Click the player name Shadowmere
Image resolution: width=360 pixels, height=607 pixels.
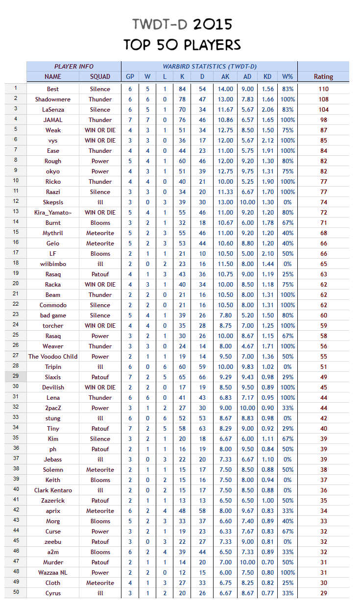pyautogui.click(x=53, y=99)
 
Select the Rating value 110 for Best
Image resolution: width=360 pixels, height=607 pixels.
pyautogui.click(x=323, y=89)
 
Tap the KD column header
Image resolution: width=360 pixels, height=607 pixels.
pyautogui.click(x=267, y=76)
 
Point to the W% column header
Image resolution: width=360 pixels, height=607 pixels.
pyautogui.click(x=288, y=76)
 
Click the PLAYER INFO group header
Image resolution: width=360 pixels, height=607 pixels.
pyautogui.click(x=73, y=66)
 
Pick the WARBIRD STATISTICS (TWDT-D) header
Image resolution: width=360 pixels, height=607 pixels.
pyautogui.click(x=210, y=66)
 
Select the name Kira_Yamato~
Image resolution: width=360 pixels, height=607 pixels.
pyautogui.click(x=53, y=213)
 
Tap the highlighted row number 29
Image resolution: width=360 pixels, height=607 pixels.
pyautogui.click(x=16, y=377)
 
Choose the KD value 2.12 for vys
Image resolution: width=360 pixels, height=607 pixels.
pyautogui.click(x=267, y=141)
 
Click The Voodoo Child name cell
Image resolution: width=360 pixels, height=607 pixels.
pyautogui.click(x=53, y=357)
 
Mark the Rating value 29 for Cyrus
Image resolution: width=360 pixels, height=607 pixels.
pyautogui.click(x=323, y=593)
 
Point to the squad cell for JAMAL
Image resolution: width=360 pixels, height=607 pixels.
pyautogui.click(x=100, y=120)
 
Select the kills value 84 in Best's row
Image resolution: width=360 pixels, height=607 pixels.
pyautogui.click(x=182, y=89)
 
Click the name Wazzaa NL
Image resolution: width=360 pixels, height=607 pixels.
pyautogui.click(x=53, y=573)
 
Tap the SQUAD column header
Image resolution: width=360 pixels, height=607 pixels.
pyautogui.click(x=100, y=76)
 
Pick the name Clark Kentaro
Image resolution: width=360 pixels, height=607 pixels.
pyautogui.click(x=53, y=490)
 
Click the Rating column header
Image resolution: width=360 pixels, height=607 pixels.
pyautogui.click(x=323, y=76)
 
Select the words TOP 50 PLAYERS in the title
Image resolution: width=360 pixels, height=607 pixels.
pyautogui.click(x=182, y=45)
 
